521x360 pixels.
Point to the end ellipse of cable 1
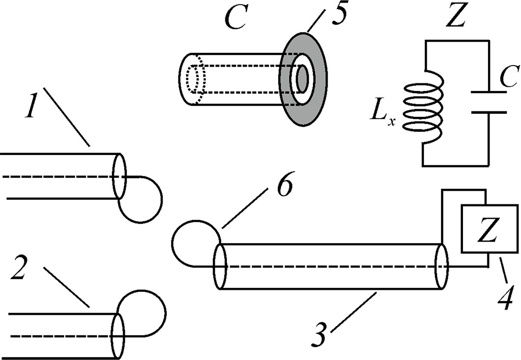pyautogui.click(x=119, y=176)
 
